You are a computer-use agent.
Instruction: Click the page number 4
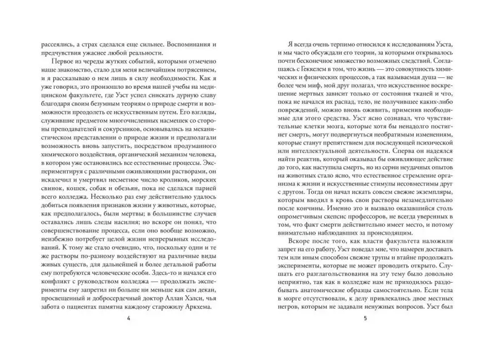pyautogui.click(x=128, y=319)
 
